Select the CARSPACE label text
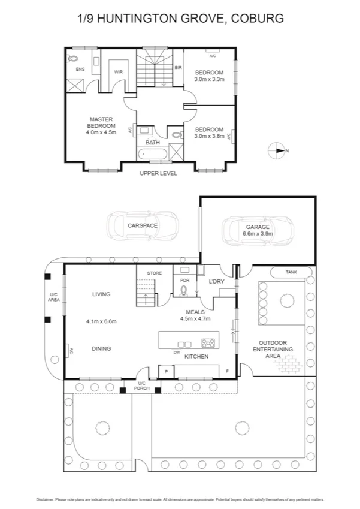[143, 225]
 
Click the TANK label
[291, 272]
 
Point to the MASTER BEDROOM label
[101, 122]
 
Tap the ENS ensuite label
[80, 70]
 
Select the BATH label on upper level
[152, 143]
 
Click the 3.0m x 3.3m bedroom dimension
[209, 79]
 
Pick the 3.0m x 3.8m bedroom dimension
[209, 136]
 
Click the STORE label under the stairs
[147, 273]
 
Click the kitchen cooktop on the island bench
[208, 344]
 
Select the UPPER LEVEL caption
[158, 173]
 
